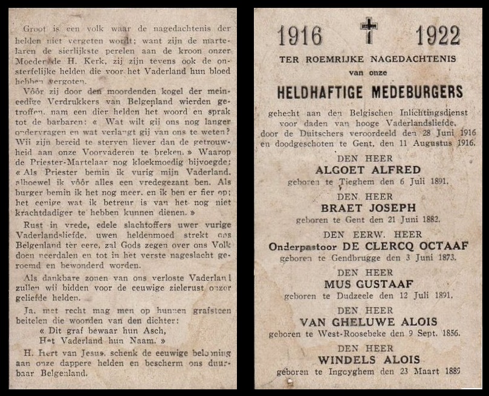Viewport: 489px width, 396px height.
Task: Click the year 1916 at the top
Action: click(x=300, y=36)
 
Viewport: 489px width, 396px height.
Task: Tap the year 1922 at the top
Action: click(x=438, y=36)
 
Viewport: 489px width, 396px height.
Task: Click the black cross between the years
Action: click(x=369, y=30)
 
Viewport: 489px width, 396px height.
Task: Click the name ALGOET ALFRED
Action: click(x=368, y=170)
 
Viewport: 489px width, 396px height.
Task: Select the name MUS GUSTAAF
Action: click(x=368, y=284)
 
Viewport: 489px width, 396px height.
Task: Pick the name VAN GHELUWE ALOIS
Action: click(x=368, y=322)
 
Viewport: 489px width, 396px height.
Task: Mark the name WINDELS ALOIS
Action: click(x=368, y=360)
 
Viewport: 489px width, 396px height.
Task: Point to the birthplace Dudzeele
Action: click(x=359, y=296)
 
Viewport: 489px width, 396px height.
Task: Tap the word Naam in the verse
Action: click(x=148, y=340)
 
